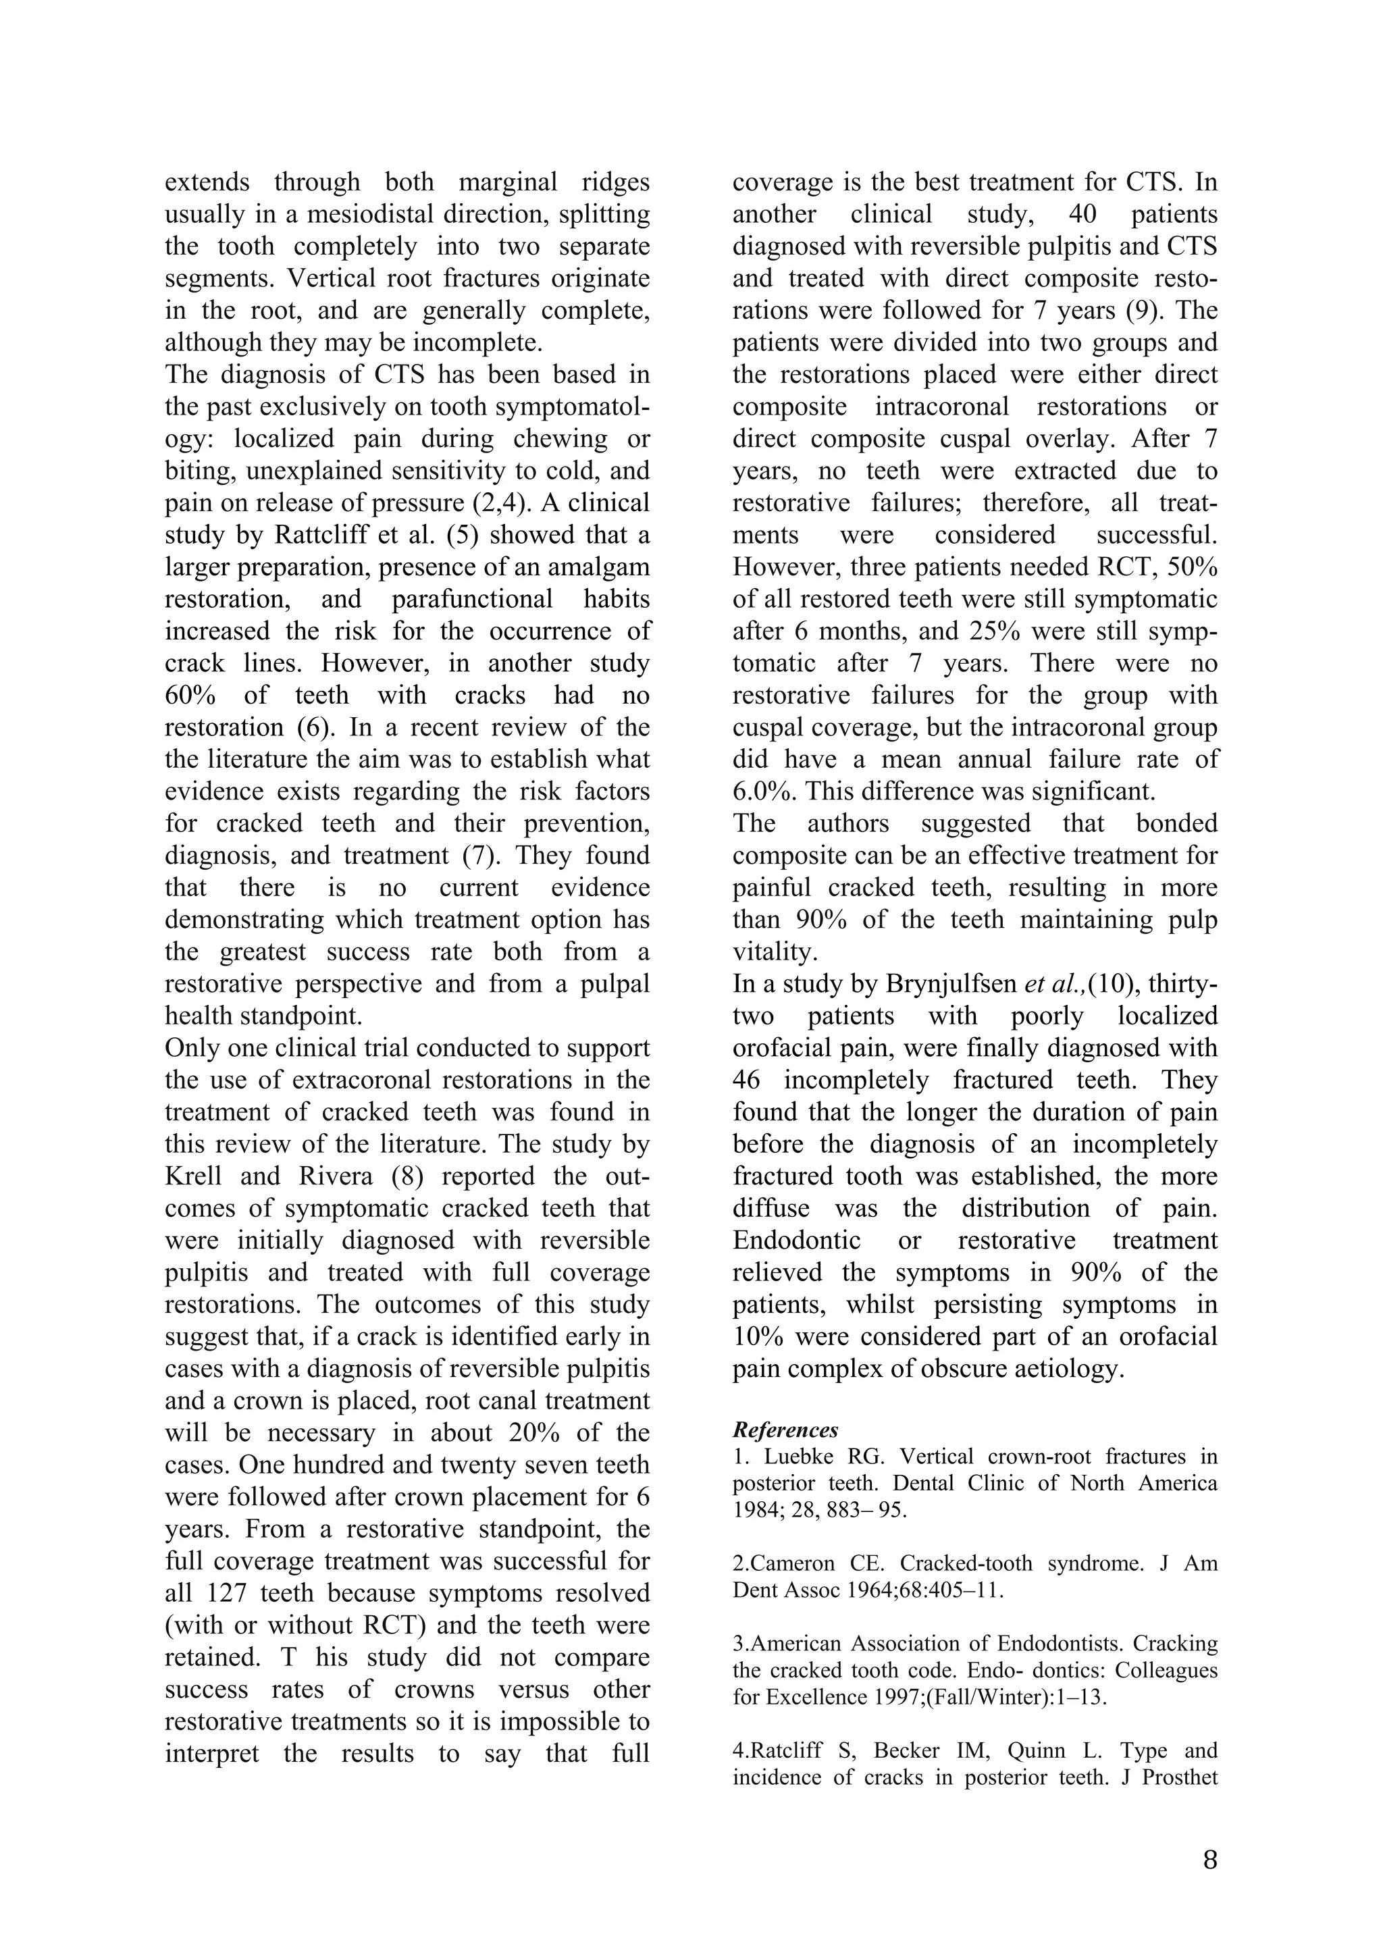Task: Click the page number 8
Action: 1209,1860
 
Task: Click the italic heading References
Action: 785,1430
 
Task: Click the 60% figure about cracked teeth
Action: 190,696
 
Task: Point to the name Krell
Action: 193,1176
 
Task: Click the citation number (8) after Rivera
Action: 407,1176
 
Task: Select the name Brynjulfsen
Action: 951,985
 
